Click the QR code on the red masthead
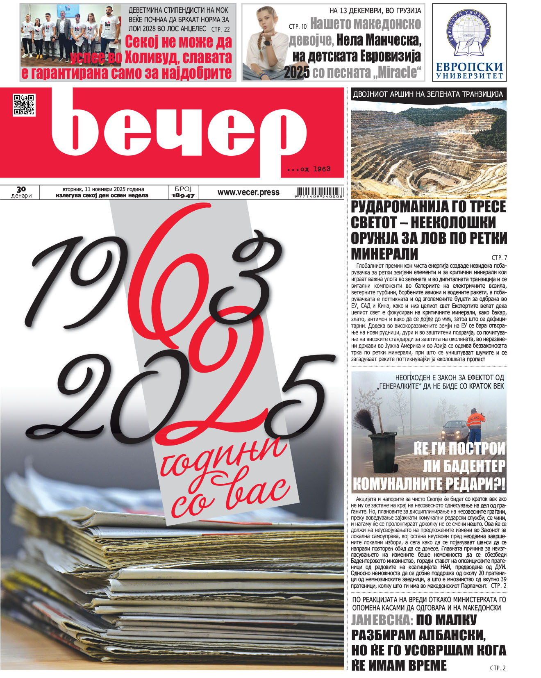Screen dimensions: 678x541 click(24, 105)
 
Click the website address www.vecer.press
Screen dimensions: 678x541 click(248, 192)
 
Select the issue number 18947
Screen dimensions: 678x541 click(183, 196)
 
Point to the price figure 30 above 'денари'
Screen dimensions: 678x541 click(21, 189)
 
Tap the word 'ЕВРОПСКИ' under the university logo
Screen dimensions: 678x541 click(469, 66)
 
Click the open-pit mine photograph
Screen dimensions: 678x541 click(429, 150)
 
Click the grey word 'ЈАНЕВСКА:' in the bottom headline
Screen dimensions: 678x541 click(382, 619)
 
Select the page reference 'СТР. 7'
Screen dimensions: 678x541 click(499, 258)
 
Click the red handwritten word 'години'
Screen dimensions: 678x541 click(223, 459)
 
